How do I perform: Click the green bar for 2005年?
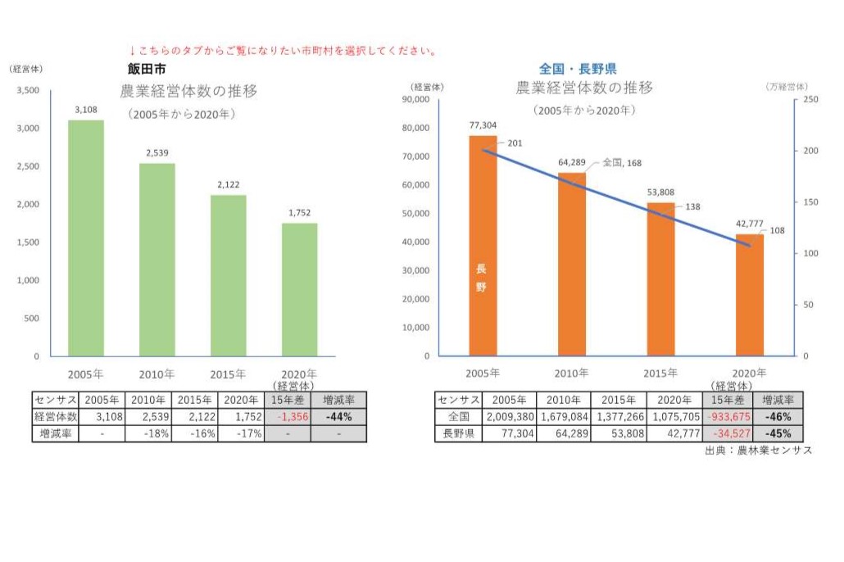pyautogui.click(x=85, y=238)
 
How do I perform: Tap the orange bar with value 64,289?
pyautogui.click(x=572, y=264)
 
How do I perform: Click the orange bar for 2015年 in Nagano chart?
pyautogui.click(x=660, y=279)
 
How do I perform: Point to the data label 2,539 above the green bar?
pyautogui.click(x=157, y=152)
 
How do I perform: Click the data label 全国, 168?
pyautogui.click(x=622, y=163)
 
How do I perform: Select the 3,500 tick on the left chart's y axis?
pyautogui.click(x=28, y=90)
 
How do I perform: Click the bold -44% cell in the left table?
pyautogui.click(x=338, y=417)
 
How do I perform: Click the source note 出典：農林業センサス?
pyautogui.click(x=758, y=451)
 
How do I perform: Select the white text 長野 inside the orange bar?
pyautogui.click(x=481, y=278)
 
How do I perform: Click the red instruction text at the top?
pyautogui.click(x=283, y=51)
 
